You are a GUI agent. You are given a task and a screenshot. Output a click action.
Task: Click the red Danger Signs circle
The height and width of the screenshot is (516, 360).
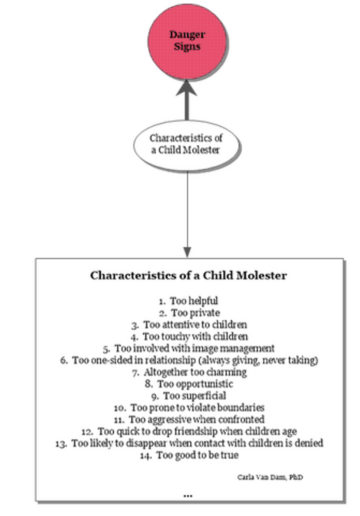187,41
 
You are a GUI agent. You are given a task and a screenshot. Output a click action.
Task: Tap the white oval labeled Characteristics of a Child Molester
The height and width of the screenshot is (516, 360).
186,145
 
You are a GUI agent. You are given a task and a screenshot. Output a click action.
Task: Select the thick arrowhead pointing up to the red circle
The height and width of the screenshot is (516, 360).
187,88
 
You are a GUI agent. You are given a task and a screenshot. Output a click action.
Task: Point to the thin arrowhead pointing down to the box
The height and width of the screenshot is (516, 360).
187,252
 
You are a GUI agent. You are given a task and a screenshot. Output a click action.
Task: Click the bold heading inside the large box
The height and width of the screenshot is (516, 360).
189,276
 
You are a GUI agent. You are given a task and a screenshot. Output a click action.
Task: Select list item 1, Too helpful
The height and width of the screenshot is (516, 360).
188,301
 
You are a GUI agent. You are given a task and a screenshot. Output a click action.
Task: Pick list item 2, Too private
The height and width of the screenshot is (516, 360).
189,313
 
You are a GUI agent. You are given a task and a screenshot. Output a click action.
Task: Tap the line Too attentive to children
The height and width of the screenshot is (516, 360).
189,325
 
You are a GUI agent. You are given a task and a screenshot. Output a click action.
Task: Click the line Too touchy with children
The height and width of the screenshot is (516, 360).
189,336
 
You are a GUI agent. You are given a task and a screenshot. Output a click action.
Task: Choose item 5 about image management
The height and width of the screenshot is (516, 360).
189,348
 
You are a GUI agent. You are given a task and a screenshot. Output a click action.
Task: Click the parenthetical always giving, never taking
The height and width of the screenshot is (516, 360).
258,360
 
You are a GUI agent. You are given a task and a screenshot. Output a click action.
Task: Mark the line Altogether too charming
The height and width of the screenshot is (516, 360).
189,372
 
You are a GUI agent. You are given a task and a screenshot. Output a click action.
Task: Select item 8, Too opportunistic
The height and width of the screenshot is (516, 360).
189,384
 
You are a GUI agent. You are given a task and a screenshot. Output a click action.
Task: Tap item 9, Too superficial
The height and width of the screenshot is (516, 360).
189,396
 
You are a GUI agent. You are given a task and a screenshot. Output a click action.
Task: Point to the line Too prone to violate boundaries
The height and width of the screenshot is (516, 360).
189,407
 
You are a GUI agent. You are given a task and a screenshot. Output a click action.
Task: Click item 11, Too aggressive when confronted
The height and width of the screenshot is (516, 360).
189,419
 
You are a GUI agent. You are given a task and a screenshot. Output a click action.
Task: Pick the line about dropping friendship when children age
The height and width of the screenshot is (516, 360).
189,431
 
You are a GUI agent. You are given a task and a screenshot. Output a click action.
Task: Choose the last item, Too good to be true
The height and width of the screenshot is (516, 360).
189,455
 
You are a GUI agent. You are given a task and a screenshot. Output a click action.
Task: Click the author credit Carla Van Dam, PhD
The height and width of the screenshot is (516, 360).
270,477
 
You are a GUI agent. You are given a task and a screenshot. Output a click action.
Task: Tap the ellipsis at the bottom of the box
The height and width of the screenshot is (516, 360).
188,496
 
